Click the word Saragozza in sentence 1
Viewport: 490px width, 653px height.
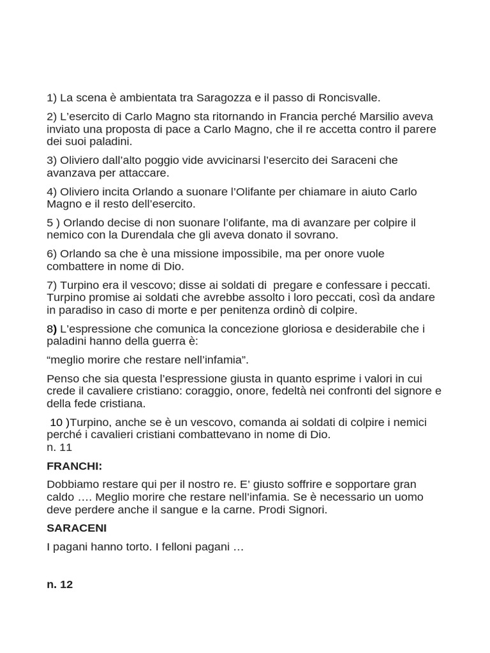(x=225, y=98)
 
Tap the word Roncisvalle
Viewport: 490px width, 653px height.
(x=350, y=98)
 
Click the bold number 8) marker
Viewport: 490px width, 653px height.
(x=52, y=328)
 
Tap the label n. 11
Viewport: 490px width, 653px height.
(x=59, y=447)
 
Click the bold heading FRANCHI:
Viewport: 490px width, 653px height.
(x=75, y=466)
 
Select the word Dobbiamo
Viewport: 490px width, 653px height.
(x=71, y=484)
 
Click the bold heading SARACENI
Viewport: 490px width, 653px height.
(x=77, y=528)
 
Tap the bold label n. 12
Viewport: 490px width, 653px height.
(x=60, y=584)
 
